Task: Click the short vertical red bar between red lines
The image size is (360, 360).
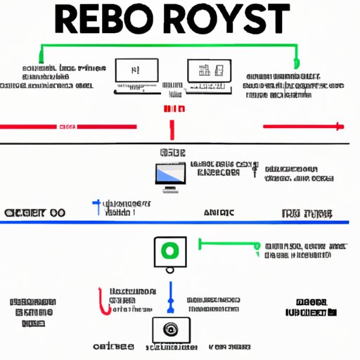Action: click(x=171, y=129)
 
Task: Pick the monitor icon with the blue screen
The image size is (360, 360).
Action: click(x=169, y=176)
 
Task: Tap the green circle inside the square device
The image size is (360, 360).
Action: click(x=169, y=251)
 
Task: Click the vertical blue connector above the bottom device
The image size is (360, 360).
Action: click(x=170, y=299)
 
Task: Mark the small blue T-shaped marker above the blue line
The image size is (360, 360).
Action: click(x=96, y=206)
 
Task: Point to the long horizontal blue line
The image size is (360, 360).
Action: click(x=176, y=222)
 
